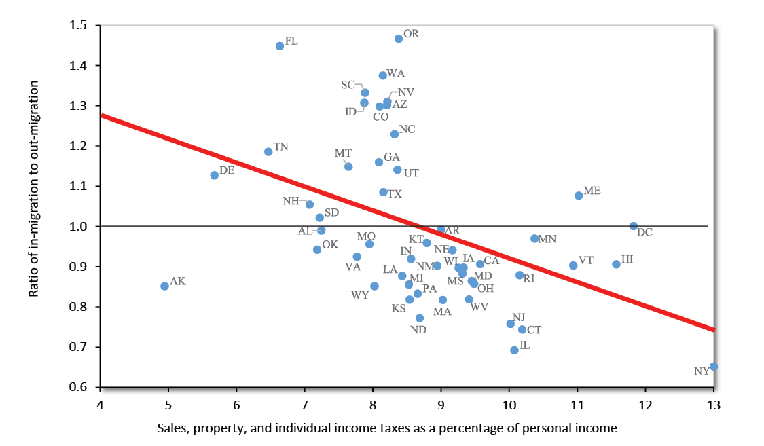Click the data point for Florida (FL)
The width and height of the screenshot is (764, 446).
280,46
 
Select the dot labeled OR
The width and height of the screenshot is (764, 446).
399,39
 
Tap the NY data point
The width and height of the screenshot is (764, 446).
714,367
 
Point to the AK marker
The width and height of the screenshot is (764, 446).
164,286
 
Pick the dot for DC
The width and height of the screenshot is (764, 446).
634,226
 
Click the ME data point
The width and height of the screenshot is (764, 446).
579,196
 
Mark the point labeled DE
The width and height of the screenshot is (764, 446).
215,175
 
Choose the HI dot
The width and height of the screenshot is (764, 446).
616,264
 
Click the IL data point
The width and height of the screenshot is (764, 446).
514,350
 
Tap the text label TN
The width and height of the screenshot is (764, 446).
281,147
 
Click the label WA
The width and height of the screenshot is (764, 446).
395,73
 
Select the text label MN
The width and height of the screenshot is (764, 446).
547,239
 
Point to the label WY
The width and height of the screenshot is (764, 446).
360,295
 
